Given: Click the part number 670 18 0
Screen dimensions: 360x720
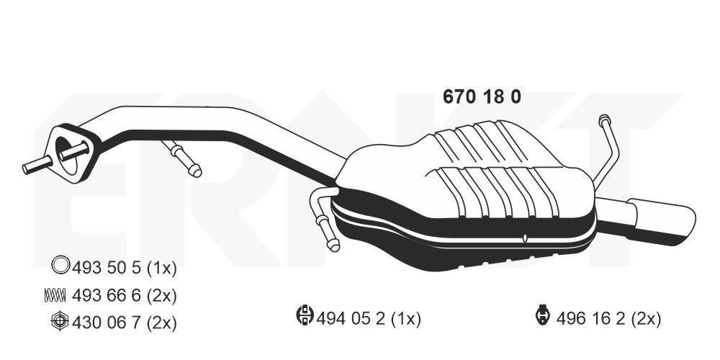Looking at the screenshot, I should (480, 98).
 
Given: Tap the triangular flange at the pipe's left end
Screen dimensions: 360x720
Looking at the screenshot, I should (73, 153).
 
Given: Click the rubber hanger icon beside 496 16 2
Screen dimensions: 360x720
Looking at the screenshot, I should (541, 317).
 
